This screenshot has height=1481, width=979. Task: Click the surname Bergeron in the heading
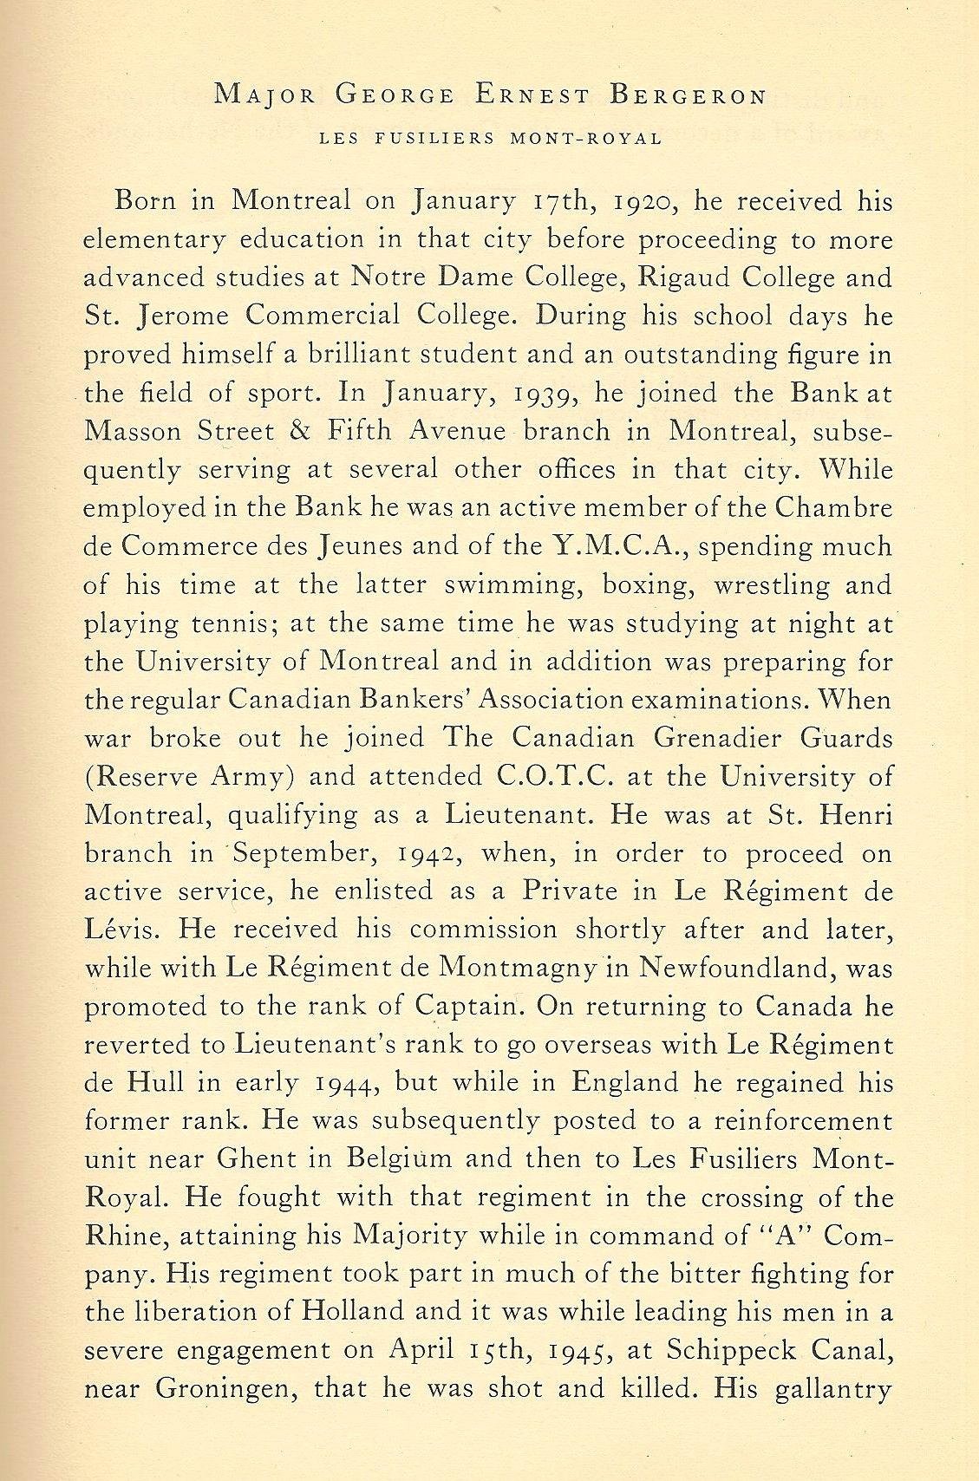(x=688, y=96)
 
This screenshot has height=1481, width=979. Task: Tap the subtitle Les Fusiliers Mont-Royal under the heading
(x=491, y=138)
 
